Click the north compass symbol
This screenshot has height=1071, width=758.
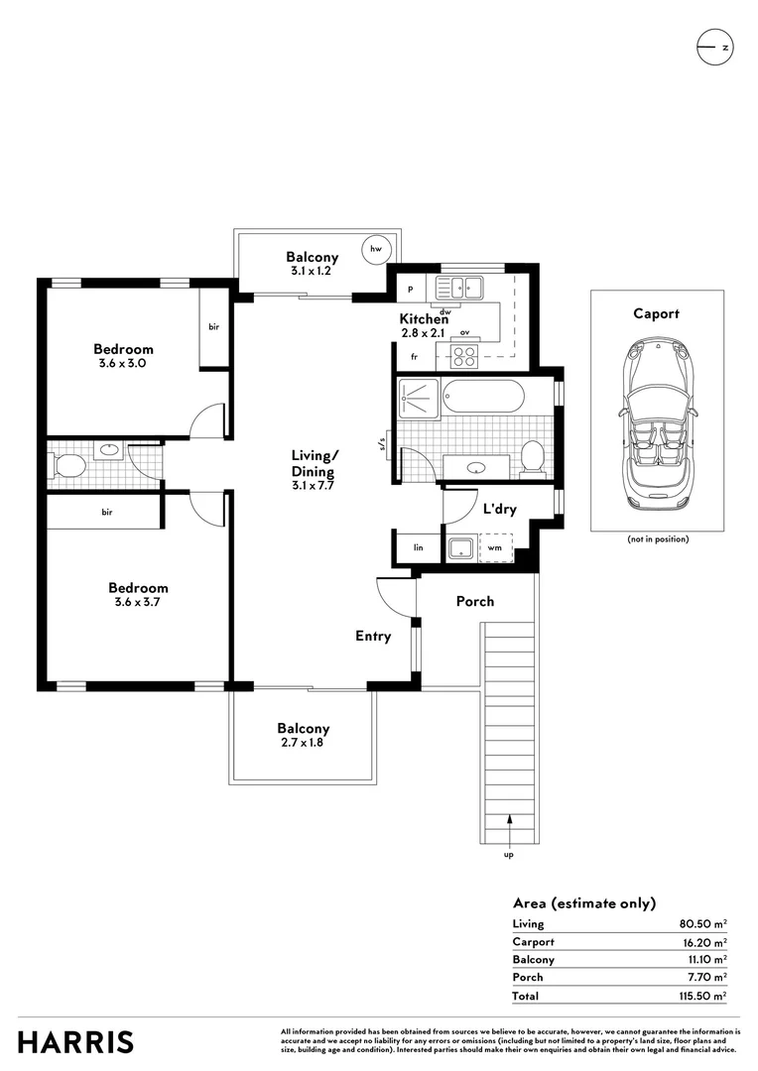(715, 48)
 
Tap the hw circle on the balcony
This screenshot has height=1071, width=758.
(376, 249)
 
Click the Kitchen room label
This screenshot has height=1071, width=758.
(424, 319)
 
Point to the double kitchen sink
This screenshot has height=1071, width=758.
(460, 288)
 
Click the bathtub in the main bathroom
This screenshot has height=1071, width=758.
(483, 396)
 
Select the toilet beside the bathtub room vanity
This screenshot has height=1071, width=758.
(533, 457)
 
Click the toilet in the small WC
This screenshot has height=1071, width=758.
(68, 466)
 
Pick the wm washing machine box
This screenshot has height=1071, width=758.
(496, 547)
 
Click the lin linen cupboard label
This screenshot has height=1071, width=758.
(419, 547)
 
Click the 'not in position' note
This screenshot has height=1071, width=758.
(658, 538)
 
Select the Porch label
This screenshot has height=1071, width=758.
(475, 601)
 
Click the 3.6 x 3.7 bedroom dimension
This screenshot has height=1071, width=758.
(137, 603)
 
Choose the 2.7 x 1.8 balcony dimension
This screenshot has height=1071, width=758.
(302, 743)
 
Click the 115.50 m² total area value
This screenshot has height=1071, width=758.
(702, 996)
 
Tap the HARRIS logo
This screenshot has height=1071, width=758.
(75, 1042)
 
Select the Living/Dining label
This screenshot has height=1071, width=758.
(314, 463)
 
